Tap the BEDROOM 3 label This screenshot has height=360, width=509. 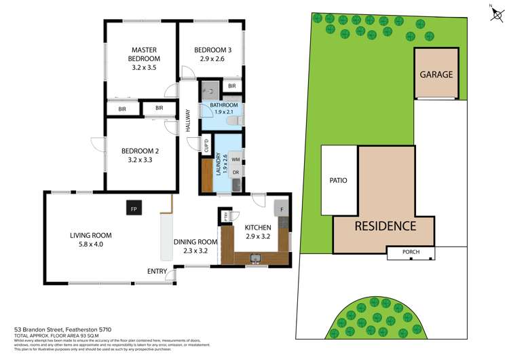[212, 54]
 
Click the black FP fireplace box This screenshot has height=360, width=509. [134, 209]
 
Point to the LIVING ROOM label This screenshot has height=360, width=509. [90, 240]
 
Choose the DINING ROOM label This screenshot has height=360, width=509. [195, 246]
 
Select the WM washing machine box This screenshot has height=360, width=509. [235, 160]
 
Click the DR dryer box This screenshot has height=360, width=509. [235, 173]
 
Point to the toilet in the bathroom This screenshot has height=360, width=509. [233, 121]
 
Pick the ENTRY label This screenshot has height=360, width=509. [157, 272]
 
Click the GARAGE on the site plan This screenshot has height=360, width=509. [436, 74]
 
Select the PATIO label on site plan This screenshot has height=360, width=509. [338, 181]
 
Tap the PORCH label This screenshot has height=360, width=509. [411, 252]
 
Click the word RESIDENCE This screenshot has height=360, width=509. [383, 226]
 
